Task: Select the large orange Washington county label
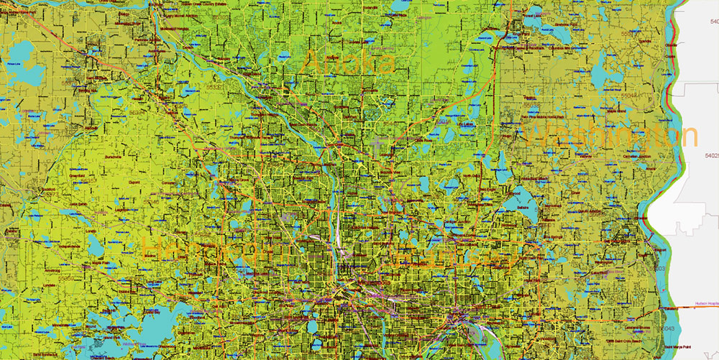tap(611, 136)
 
